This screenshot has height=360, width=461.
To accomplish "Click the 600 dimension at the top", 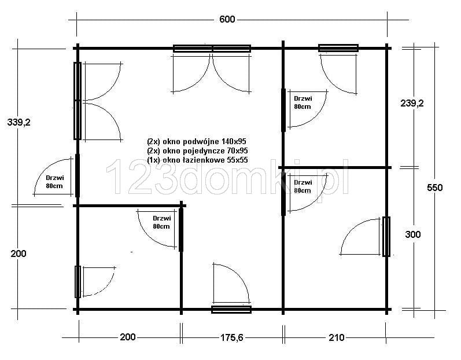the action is pos(227,20).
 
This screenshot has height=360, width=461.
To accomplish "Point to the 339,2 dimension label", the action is pos(19,122).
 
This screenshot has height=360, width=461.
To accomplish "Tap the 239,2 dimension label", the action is pos(412,103).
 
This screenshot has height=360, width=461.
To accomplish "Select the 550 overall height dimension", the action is pos(434,188).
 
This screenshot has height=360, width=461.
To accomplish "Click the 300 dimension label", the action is pos(413,234).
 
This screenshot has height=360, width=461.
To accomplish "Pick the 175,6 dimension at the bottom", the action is pos(232,337).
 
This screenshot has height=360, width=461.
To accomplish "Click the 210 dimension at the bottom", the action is pos(336,337).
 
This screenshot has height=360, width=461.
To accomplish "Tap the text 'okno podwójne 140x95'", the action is pos(204,141).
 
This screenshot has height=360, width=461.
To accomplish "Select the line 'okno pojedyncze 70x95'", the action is pos(205,151).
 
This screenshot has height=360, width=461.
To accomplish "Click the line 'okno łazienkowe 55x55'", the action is pos(205,160).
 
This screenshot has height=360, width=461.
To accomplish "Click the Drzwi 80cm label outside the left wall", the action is pos(54,182).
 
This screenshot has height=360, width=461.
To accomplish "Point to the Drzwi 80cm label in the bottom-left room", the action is pos(161,222).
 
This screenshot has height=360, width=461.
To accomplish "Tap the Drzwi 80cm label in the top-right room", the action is pos(303,102).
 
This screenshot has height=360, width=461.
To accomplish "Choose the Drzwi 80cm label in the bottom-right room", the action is pos(303,186).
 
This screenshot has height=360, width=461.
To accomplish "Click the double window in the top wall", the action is pos(212,49).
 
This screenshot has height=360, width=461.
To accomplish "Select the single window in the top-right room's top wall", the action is pos(338,48).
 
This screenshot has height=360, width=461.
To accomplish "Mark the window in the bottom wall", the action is pos(231,310).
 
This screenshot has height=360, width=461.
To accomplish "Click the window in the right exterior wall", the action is pos(386,237).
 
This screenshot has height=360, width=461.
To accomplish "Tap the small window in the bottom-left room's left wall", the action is pos(78,282).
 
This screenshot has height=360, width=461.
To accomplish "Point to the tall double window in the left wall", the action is pos(78,101).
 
